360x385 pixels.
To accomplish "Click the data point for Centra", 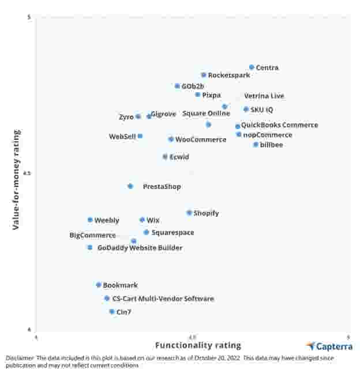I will [x=252, y=67].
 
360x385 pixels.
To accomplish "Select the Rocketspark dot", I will [x=204, y=75].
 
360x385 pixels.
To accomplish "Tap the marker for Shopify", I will [x=189, y=213].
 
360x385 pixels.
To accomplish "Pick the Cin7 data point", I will [x=112, y=312].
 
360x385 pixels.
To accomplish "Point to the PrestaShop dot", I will [x=130, y=186].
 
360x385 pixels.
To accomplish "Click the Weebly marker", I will [x=90, y=220].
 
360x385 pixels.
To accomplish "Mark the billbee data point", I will [x=256, y=145].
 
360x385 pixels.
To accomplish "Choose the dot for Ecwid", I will [x=165, y=157].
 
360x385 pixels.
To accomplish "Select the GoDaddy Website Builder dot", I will [x=89, y=247].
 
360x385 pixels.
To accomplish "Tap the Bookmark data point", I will [x=99, y=285].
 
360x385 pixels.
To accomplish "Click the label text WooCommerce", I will [x=201, y=139].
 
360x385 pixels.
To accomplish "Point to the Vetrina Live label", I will [x=264, y=96].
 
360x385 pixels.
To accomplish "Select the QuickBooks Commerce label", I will [x=279, y=125].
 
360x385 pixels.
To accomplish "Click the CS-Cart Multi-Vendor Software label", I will [x=163, y=299].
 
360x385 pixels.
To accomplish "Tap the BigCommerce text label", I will [x=92, y=235].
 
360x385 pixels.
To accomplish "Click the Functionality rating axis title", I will [x=198, y=345].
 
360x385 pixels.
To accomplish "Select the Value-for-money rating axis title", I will [x=17, y=180].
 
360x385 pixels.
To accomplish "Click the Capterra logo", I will [x=329, y=346].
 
